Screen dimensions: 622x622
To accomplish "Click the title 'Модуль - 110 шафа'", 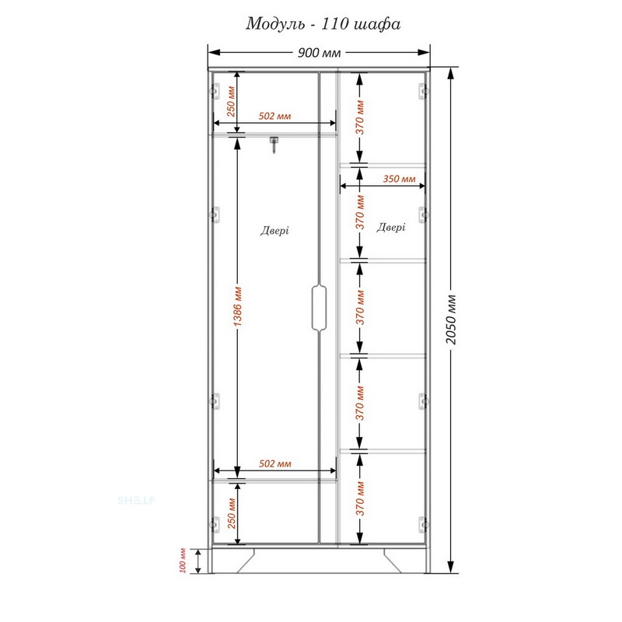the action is [x=323, y=24].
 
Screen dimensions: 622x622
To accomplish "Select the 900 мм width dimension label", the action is [x=319, y=53].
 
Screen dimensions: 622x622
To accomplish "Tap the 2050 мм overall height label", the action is [x=451, y=320].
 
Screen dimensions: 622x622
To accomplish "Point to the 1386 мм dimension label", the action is [x=237, y=306].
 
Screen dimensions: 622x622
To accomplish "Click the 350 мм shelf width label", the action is [x=399, y=179].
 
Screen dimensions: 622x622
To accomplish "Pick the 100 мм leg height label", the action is [x=183, y=561].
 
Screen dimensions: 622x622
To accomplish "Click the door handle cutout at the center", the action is [x=319, y=307].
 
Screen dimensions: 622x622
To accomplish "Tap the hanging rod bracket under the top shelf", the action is [x=274, y=145].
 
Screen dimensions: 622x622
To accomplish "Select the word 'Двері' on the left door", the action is [x=274, y=230].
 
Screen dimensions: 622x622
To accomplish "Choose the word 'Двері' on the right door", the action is [x=391, y=227].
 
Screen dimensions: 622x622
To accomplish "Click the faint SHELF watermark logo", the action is [x=136, y=500].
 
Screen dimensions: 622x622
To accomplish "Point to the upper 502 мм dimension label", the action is [x=274, y=116].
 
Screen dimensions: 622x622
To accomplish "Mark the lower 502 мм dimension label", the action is [x=275, y=463].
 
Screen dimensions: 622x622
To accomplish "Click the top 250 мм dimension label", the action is [x=231, y=101].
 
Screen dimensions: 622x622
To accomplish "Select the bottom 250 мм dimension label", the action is [x=232, y=513].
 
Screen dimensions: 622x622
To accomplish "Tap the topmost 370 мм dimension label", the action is [x=360, y=117].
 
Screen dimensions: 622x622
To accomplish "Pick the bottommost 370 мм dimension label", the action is [x=360, y=498].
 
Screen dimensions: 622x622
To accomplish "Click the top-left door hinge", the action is [x=215, y=91].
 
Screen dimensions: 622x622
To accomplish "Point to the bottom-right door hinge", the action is [x=424, y=524].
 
